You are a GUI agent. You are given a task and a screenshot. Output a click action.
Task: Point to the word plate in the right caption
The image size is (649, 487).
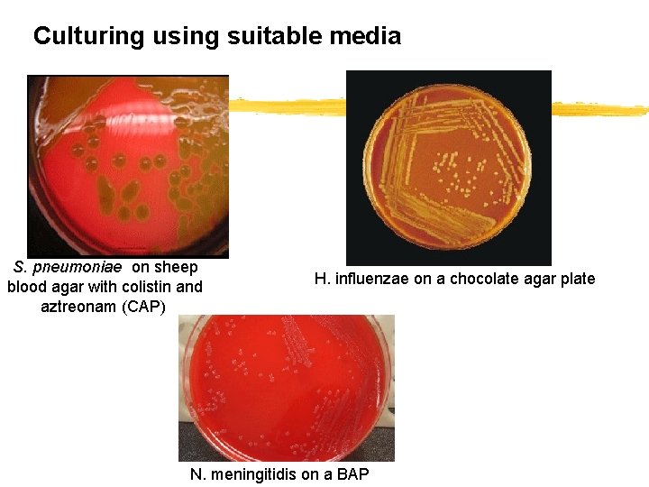click(577, 279)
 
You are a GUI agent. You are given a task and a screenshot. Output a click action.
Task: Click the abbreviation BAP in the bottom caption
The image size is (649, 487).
click(353, 474)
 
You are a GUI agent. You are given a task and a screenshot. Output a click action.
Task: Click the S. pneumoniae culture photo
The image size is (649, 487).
click(128, 166)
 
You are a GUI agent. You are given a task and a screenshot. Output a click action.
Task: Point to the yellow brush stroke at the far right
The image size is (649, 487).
click(599, 109)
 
